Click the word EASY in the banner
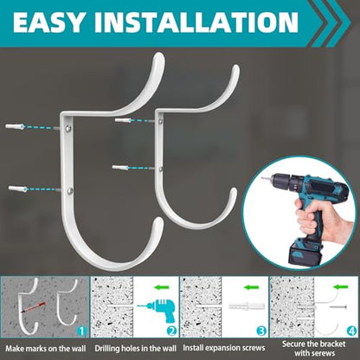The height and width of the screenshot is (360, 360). pyautogui.click(x=49, y=22)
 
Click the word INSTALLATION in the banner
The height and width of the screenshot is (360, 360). pyautogui.click(x=196, y=22)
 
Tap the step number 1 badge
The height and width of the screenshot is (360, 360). pyautogui.click(x=81, y=331)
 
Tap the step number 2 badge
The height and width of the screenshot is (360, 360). pyautogui.click(x=171, y=331)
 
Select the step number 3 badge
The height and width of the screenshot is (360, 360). pyautogui.click(x=261, y=331)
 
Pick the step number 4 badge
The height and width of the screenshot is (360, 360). pyautogui.click(x=351, y=331)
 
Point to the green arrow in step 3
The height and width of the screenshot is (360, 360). pyautogui.click(x=252, y=287)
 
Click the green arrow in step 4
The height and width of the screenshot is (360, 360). pyautogui.click(x=341, y=286)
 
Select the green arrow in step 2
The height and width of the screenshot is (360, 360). pyautogui.click(x=162, y=287)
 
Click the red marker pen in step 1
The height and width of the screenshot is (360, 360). pyautogui.click(x=33, y=307)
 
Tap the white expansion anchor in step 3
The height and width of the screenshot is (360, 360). pyautogui.click(x=247, y=305)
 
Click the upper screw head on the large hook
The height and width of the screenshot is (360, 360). pyautogui.click(x=68, y=128)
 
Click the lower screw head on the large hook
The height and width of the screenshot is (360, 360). pyautogui.click(x=70, y=190)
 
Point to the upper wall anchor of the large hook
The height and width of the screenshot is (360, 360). pyautogui.click(x=15, y=126)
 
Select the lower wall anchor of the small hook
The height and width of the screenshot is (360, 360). pyautogui.click(x=120, y=167)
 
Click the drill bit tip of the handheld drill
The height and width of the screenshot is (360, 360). pyautogui.click(x=263, y=178)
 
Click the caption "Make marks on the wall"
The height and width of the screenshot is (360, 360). pyautogui.click(x=46, y=349)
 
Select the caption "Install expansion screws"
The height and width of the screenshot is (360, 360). pyautogui.click(x=224, y=348)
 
